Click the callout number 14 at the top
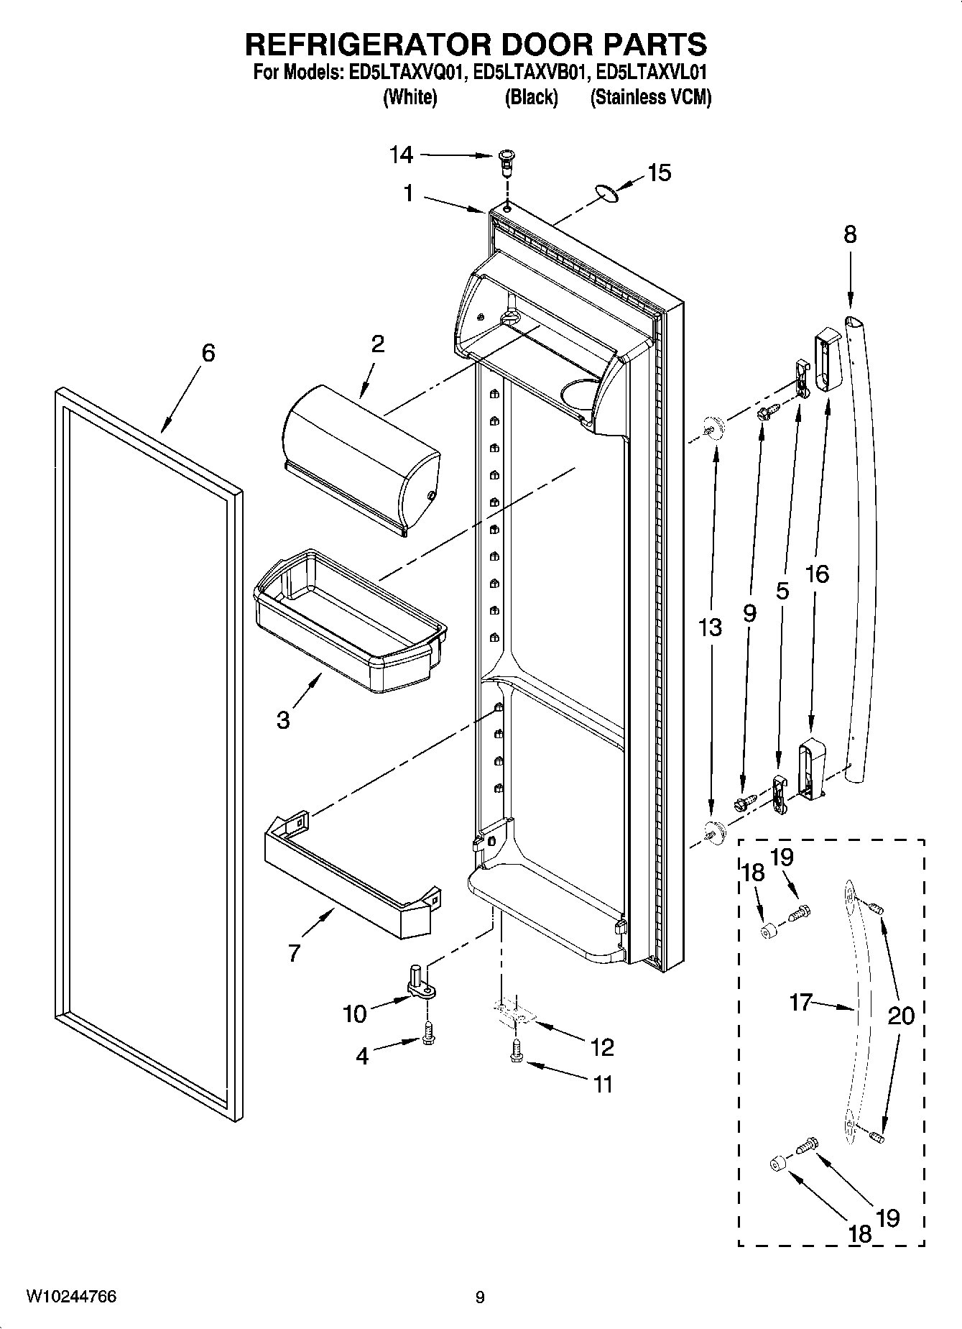pos(402,154)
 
